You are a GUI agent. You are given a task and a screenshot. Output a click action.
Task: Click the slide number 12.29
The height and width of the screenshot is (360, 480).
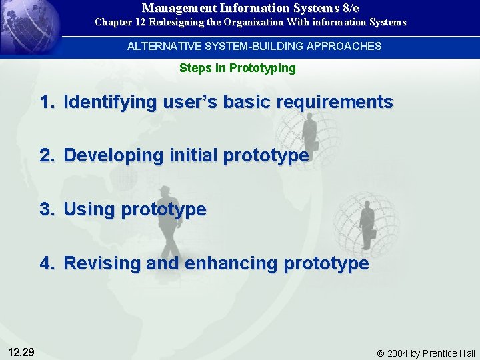coord(22,352)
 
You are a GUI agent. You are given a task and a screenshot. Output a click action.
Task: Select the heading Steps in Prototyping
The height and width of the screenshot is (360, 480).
coord(237,68)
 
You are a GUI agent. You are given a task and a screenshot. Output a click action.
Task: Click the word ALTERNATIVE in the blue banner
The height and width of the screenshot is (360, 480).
coord(158,46)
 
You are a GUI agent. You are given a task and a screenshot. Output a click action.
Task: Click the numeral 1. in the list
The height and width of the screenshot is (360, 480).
coord(47,102)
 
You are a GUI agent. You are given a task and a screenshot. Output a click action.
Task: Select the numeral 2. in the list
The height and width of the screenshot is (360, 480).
coord(47,155)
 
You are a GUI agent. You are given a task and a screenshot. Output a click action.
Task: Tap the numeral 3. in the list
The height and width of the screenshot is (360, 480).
coord(47,209)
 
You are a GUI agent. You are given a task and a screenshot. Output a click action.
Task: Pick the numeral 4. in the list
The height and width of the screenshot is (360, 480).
coord(47,263)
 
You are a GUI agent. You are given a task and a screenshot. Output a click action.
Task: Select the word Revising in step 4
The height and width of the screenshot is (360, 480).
coord(102,263)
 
